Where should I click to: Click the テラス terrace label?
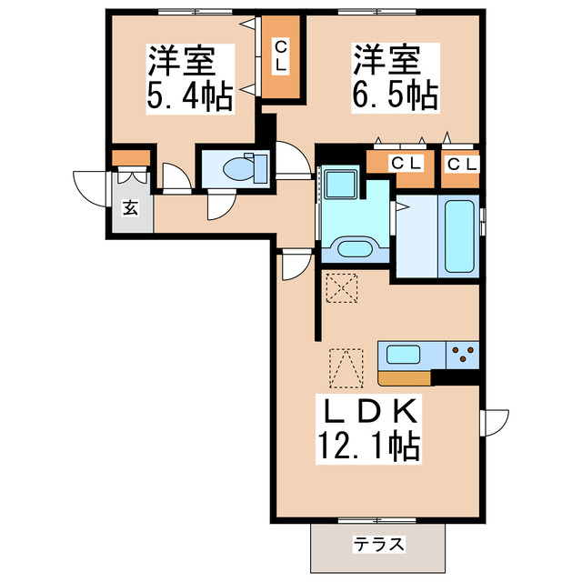point(379,545)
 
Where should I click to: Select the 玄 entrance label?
point(130,208)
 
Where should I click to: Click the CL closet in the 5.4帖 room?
point(281,57)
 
